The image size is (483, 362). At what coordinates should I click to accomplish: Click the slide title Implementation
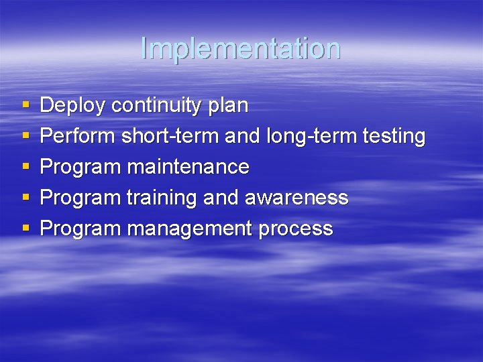(x=241, y=48)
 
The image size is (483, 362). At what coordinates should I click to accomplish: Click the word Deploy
(x=73, y=106)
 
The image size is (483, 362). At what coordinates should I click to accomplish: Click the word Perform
(x=78, y=136)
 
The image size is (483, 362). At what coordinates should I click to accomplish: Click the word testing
(x=394, y=137)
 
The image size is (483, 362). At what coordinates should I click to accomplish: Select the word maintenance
(x=188, y=166)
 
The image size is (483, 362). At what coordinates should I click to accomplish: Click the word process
(x=296, y=229)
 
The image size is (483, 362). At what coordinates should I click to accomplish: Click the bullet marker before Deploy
(x=25, y=106)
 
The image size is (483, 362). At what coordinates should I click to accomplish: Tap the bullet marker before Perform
(x=25, y=137)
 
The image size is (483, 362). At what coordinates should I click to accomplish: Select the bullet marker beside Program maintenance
(x=25, y=167)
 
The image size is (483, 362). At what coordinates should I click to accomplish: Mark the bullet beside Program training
(x=25, y=198)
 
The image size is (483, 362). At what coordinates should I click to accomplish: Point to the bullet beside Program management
(x=25, y=229)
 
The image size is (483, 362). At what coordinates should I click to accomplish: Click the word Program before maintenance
(x=80, y=167)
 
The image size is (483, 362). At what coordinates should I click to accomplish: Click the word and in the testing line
(x=242, y=136)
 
